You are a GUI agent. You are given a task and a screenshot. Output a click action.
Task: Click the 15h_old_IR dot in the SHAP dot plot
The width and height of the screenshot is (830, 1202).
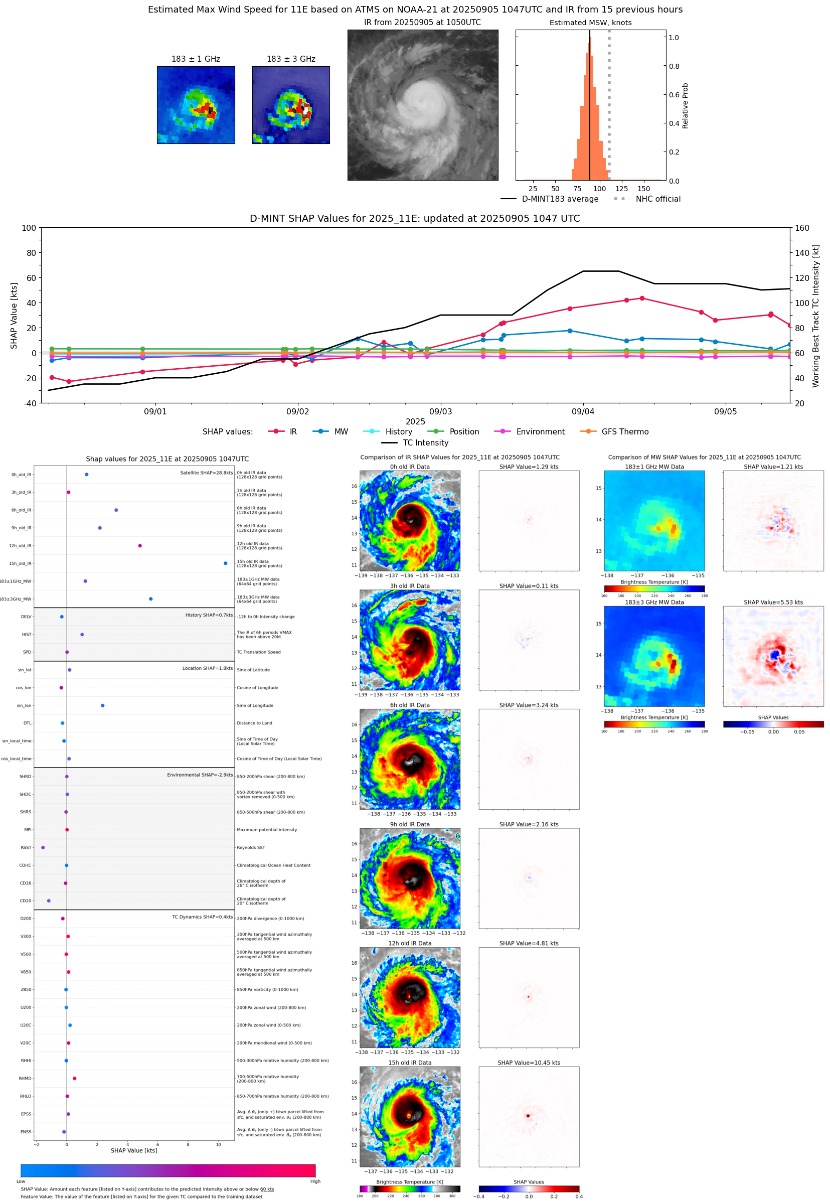(225, 563)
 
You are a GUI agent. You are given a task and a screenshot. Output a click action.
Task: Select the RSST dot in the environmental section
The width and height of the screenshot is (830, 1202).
(43, 847)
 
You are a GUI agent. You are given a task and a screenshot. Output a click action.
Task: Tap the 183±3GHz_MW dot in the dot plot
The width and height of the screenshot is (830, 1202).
(151, 598)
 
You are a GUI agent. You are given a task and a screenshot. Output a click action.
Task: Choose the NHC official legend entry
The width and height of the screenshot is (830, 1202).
(647, 199)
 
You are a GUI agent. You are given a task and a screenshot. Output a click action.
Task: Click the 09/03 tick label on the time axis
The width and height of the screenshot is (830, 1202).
(440, 411)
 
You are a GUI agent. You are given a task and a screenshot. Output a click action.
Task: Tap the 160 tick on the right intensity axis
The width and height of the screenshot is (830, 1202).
(802, 228)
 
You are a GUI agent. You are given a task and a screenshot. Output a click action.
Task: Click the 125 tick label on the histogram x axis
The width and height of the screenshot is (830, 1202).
(622, 189)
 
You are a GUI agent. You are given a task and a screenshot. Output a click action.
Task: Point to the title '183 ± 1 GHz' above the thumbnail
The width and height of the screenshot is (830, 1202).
(196, 59)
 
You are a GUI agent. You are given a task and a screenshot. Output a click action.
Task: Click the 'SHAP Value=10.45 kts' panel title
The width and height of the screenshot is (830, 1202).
(529, 1063)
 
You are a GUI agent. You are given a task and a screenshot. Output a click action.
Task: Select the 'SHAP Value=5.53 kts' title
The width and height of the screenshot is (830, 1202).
(773, 603)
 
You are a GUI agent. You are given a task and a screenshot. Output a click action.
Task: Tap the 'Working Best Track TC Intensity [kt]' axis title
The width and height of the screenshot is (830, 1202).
(815, 315)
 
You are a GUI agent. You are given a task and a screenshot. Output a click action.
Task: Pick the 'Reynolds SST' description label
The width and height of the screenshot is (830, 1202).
(251, 847)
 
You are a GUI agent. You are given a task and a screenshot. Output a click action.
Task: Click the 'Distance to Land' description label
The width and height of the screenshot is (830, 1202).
(254, 723)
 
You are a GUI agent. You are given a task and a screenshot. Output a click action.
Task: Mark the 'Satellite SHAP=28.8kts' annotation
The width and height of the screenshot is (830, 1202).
(207, 473)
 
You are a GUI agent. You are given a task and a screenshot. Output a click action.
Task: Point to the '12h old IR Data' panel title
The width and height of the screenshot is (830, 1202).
(410, 944)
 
